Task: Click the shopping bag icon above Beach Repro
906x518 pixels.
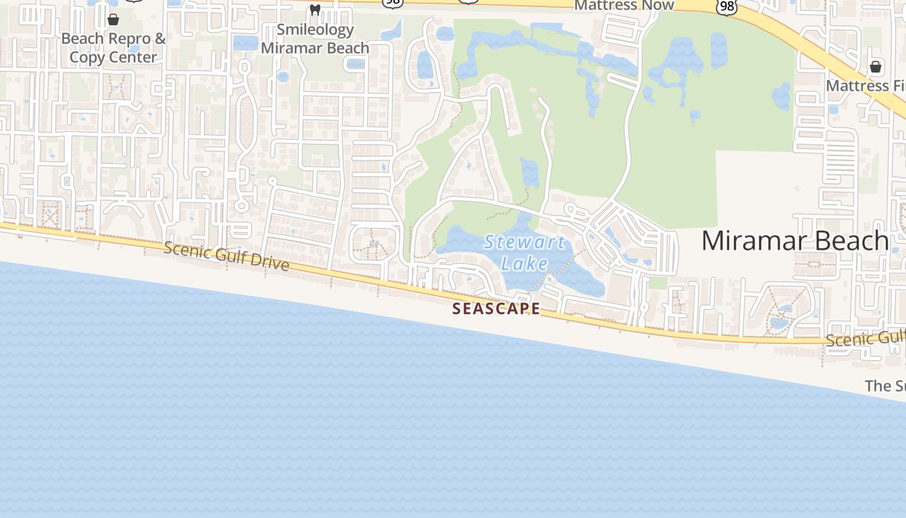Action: (x=113, y=19)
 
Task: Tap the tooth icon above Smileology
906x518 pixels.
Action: (x=315, y=10)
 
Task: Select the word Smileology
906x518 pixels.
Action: (x=315, y=30)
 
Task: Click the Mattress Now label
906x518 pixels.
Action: (x=624, y=5)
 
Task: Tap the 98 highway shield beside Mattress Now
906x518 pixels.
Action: (x=727, y=6)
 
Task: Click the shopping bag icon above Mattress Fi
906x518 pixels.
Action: (x=876, y=67)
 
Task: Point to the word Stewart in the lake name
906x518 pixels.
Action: (x=525, y=243)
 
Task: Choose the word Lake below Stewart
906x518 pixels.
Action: (x=525, y=264)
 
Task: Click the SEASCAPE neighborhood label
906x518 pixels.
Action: (x=496, y=309)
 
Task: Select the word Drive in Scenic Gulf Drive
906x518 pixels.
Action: (x=267, y=263)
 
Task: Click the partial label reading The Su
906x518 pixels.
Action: (x=885, y=386)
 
